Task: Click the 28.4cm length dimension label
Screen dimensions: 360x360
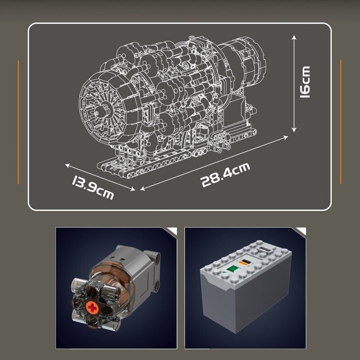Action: click(x=225, y=175)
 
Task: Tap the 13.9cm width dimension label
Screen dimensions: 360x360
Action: click(x=92, y=187)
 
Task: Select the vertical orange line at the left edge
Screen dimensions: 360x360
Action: click(x=18, y=121)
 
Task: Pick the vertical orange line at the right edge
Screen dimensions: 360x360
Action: click(x=341, y=121)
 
